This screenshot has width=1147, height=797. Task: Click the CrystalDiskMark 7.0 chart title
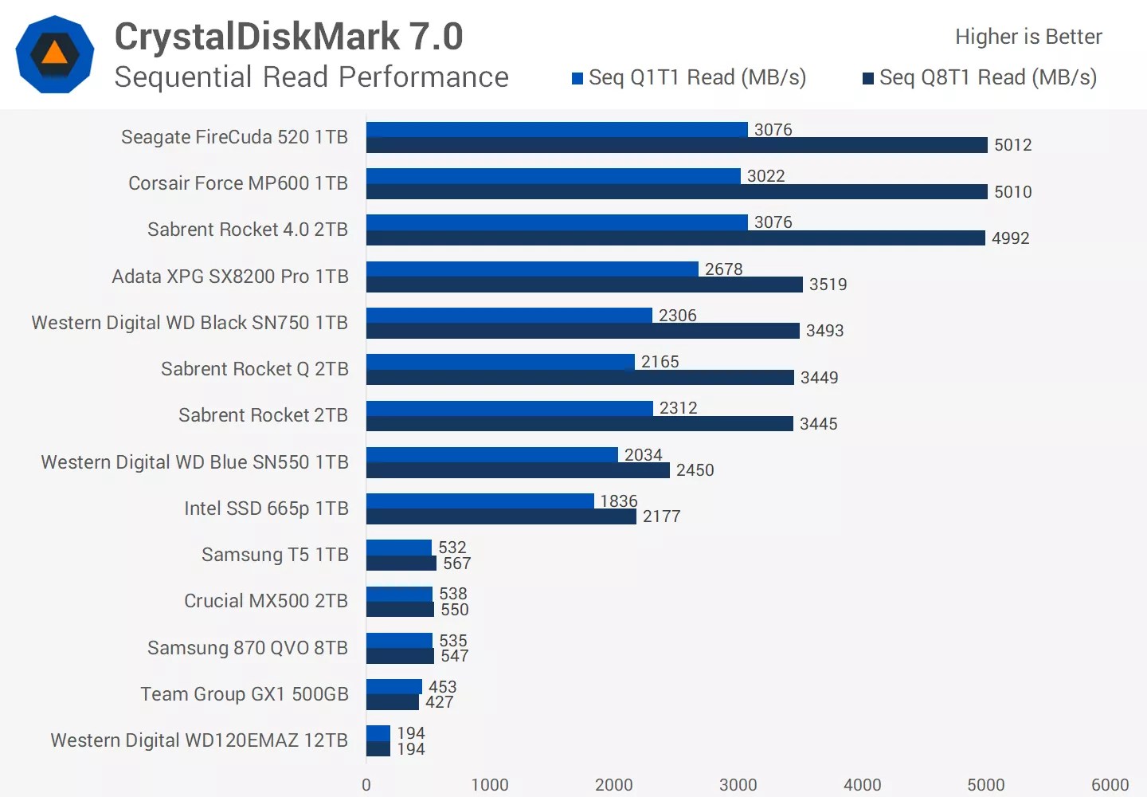[x=288, y=37]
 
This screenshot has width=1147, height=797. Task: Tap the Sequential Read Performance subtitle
[x=311, y=77]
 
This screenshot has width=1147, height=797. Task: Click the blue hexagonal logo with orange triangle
[x=55, y=54]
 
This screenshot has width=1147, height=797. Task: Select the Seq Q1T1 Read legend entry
[x=689, y=77]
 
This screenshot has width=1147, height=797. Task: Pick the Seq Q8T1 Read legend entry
[x=980, y=77]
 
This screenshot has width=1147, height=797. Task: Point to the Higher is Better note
[x=1028, y=37]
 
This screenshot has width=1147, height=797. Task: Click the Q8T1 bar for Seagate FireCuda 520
[x=676, y=145]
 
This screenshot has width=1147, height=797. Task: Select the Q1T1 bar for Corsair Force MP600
[x=554, y=176]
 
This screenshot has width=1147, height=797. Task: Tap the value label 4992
[x=1010, y=238]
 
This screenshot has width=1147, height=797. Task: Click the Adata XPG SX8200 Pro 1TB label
[x=230, y=277]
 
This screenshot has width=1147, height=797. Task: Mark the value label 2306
[x=677, y=316]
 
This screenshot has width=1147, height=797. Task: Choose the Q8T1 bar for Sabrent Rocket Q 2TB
[x=580, y=377]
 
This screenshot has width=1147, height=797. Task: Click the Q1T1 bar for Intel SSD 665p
[x=480, y=501]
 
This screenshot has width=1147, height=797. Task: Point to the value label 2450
[x=695, y=470]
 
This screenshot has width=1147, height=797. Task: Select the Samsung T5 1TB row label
[x=275, y=555]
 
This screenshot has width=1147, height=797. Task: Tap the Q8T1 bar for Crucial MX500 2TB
[x=400, y=610]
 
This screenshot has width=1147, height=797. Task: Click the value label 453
[x=442, y=687]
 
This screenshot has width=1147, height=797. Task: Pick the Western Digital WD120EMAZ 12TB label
[x=199, y=740]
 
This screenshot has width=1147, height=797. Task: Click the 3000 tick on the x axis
[x=738, y=785]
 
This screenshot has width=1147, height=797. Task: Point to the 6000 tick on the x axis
[x=1110, y=785]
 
